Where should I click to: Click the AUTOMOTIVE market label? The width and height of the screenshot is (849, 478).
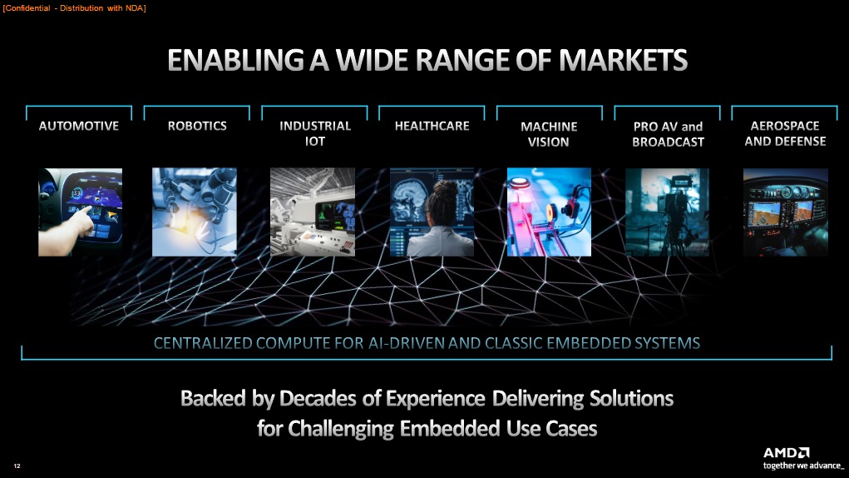point(78,126)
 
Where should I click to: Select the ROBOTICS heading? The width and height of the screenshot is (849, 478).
point(197,126)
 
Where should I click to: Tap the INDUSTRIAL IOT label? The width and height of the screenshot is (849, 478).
point(315,133)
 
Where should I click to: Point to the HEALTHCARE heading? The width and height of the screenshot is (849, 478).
point(432,126)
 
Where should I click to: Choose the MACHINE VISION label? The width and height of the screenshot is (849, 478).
point(549,134)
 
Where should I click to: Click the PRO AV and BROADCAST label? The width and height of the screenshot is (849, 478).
point(669,134)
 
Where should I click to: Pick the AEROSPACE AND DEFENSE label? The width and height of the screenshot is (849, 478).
point(785,133)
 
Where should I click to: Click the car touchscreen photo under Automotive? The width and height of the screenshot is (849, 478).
point(80,212)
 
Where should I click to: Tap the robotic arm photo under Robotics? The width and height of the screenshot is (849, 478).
point(195,212)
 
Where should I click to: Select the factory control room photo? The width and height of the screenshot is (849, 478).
point(313,212)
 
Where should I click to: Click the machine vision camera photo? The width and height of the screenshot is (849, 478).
point(549,212)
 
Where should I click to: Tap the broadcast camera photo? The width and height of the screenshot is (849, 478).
point(667,212)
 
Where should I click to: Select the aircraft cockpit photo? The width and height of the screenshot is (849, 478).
point(785,212)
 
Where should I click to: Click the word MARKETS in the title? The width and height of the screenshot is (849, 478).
point(623,60)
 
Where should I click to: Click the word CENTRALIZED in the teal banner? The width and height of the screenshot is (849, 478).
point(203,343)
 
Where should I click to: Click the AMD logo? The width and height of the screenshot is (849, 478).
point(786,452)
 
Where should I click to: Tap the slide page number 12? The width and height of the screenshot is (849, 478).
point(17,466)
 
